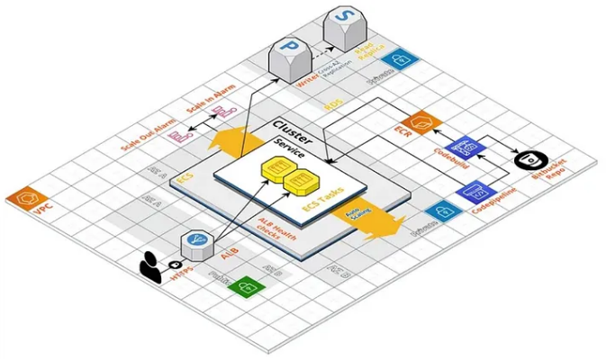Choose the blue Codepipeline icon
click(475, 192)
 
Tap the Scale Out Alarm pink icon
click(181, 136)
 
